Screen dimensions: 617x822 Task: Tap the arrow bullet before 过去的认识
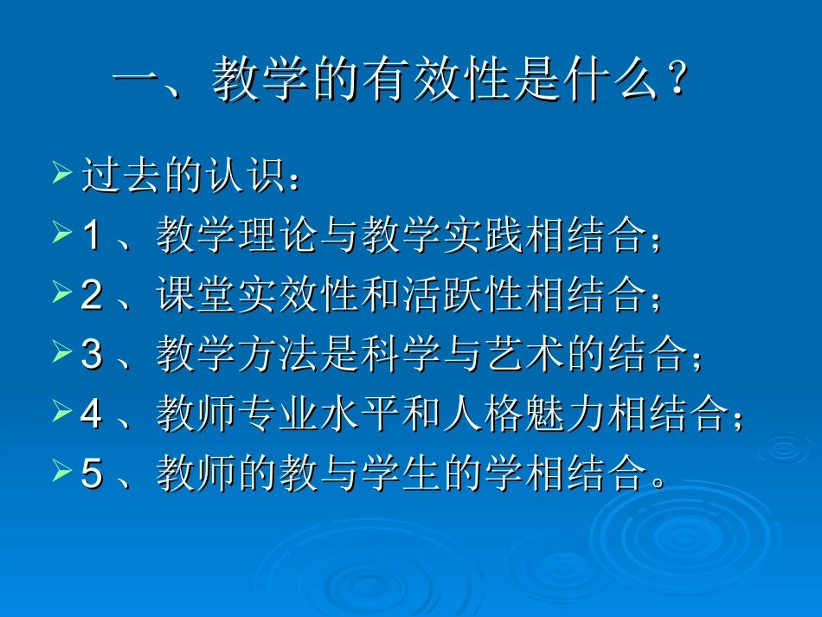(61, 173)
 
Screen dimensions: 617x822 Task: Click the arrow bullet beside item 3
(61, 352)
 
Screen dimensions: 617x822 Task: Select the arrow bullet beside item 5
(61, 472)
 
